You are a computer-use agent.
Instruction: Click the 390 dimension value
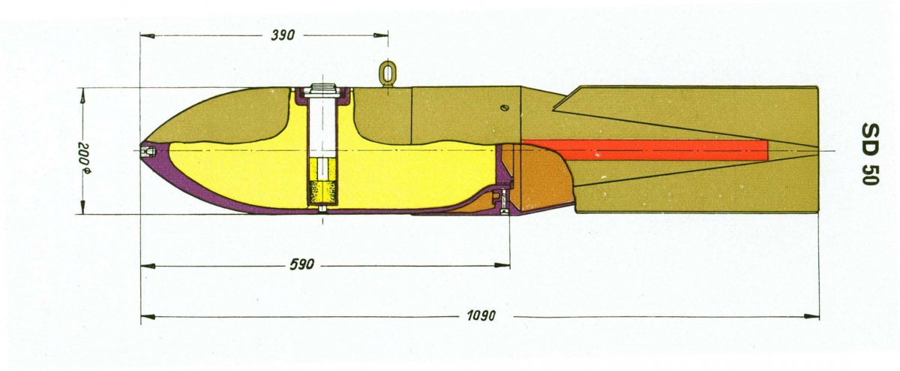pyautogui.click(x=283, y=35)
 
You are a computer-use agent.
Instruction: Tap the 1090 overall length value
pyautogui.click(x=481, y=315)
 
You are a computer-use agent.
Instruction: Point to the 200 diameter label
pyautogui.click(x=84, y=158)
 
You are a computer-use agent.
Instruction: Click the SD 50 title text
pyautogui.click(x=870, y=154)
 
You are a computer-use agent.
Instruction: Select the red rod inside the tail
pyautogui.click(x=644, y=149)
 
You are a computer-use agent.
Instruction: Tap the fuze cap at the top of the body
pyautogui.click(x=324, y=89)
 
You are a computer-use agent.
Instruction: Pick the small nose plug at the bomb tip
pyautogui.click(x=147, y=151)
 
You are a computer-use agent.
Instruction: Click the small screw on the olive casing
pyautogui.click(x=505, y=107)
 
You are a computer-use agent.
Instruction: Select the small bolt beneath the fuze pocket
pyautogui.click(x=322, y=210)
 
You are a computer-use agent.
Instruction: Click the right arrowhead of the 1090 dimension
pyautogui.click(x=811, y=317)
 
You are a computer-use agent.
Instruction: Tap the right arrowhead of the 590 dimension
pyautogui.click(x=502, y=265)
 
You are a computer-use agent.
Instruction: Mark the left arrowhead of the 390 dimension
pyautogui.click(x=148, y=36)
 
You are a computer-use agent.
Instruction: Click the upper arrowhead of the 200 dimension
pyautogui.click(x=82, y=95)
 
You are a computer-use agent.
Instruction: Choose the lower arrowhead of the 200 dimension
pyautogui.click(x=82, y=207)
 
